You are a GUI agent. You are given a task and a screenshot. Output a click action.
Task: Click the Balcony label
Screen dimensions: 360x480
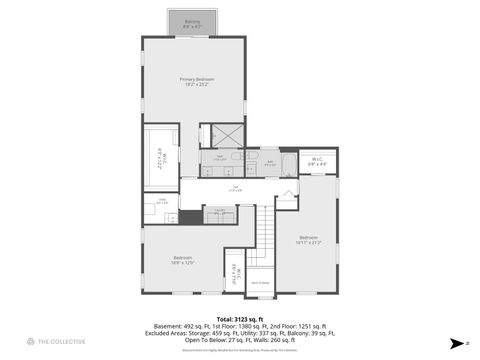[193, 22]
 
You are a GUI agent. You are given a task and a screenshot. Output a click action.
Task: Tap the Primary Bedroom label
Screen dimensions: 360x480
[196, 81]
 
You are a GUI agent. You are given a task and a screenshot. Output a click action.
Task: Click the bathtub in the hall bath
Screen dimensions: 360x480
[288, 162]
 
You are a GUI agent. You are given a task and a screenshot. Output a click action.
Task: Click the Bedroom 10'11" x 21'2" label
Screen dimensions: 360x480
[308, 240]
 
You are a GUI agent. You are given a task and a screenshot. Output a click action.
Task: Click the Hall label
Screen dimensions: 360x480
[235, 189]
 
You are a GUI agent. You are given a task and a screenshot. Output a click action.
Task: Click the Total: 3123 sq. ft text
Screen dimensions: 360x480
[239, 318]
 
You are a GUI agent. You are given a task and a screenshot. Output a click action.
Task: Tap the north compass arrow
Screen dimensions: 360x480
[455, 342]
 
